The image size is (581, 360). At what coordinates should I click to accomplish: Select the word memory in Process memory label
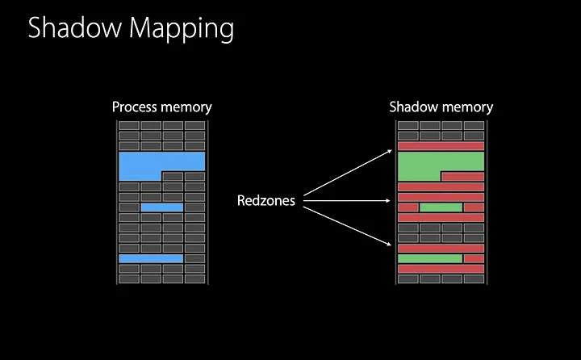[x=186, y=107]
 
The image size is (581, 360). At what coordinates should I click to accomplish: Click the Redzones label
[x=265, y=201]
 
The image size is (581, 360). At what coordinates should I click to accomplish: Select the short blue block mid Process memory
[x=161, y=207]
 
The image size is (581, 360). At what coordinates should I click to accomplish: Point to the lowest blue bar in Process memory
[x=151, y=258]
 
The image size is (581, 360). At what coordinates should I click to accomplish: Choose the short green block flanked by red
[x=441, y=207]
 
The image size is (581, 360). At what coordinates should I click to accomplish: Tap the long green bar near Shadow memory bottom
[x=429, y=258]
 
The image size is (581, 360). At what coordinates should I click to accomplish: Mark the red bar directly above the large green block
[x=441, y=146]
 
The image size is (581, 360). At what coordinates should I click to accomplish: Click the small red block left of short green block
[x=408, y=207]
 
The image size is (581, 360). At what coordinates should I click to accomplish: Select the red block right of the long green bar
[x=474, y=258]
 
